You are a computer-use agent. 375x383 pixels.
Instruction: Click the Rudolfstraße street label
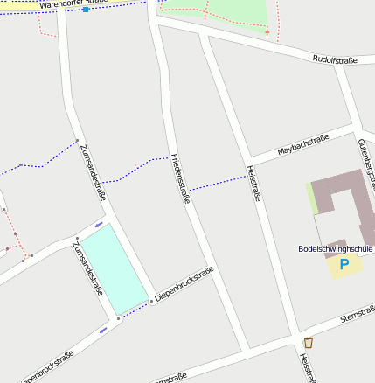click(336, 59)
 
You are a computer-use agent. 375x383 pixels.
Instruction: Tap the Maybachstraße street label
click(302, 144)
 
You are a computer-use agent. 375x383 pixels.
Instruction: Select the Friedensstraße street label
click(180, 179)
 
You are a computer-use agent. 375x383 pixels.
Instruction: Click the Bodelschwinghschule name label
click(336, 248)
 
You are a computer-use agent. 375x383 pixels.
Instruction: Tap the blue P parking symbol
click(344, 263)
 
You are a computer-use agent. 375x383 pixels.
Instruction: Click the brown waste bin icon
click(308, 342)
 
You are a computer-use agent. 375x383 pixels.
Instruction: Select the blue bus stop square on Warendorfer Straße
click(85, 10)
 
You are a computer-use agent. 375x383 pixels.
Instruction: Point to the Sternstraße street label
click(358, 313)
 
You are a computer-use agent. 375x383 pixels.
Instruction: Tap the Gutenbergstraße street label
click(365, 165)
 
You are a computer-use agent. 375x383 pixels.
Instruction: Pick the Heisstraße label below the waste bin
click(305, 368)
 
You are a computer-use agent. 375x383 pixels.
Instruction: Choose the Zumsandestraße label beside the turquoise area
click(87, 268)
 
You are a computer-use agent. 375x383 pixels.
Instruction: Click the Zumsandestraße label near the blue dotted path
click(92, 173)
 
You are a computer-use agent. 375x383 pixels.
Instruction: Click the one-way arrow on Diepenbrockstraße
click(104, 330)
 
